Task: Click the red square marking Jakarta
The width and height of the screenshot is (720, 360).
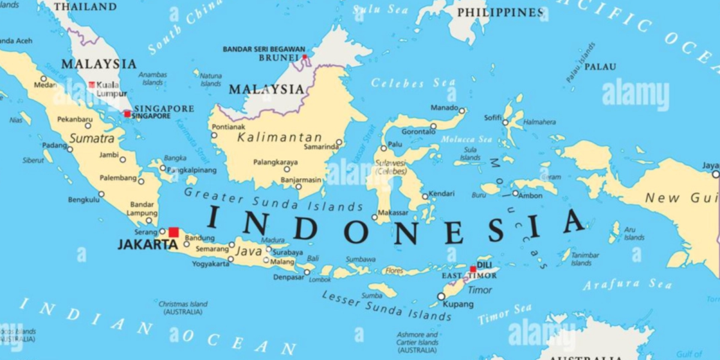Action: (x=173, y=232)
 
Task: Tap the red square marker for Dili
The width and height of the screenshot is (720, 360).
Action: (x=473, y=269)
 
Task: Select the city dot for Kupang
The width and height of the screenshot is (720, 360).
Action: (x=442, y=296)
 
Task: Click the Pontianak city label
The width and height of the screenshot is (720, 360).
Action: (x=227, y=127)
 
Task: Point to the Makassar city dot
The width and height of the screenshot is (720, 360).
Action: (x=374, y=218)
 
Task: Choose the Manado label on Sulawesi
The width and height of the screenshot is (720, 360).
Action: (x=444, y=108)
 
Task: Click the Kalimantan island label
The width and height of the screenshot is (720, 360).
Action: (x=280, y=137)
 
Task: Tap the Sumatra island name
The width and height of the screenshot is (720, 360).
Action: (x=92, y=139)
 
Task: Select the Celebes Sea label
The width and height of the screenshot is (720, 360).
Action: (x=405, y=83)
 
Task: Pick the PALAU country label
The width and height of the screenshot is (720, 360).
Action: (x=600, y=67)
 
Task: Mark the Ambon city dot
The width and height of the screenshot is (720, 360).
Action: (x=515, y=193)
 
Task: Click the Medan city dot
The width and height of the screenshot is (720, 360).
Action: (x=43, y=79)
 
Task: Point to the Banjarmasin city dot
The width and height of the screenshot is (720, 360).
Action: (x=299, y=187)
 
